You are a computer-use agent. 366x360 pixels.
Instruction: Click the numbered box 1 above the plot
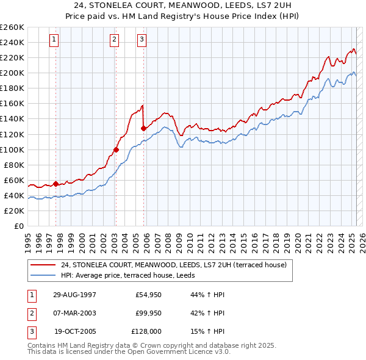click(x=54, y=40)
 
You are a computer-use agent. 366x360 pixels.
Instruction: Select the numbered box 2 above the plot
click(x=114, y=40)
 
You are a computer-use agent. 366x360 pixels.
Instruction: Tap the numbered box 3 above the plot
click(x=142, y=40)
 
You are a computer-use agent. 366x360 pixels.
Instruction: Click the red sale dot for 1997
click(x=56, y=184)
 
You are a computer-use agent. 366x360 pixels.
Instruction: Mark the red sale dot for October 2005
click(x=143, y=128)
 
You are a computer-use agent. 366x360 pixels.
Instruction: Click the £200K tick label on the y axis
click(x=13, y=73)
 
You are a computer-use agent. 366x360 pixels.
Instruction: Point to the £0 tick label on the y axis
click(x=19, y=226)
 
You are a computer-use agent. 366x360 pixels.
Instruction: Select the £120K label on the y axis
click(x=13, y=134)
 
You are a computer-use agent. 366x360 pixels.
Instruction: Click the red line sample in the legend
click(x=43, y=265)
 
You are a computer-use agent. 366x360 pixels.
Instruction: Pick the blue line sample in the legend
click(x=43, y=275)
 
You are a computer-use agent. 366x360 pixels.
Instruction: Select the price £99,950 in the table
click(x=148, y=313)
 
